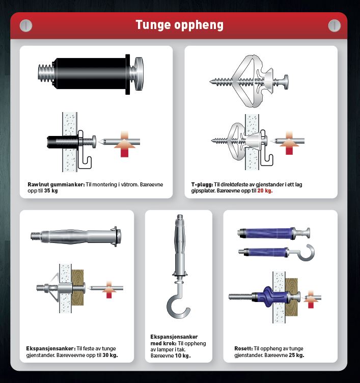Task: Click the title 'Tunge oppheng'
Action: [180, 25]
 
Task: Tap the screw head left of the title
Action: [25, 25]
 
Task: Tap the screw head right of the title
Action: [335, 25]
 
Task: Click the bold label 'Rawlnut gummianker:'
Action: [56, 185]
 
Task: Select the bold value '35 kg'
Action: [51, 191]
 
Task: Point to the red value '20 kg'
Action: [264, 191]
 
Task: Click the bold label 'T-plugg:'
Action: [202, 185]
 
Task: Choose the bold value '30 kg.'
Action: [110, 355]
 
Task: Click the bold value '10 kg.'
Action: [183, 355]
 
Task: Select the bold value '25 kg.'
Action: [296, 355]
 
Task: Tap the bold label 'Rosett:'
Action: [243, 348]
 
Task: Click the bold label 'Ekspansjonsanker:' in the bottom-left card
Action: [51, 348]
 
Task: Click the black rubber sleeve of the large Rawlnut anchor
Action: [90, 73]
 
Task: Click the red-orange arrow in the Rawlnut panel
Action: [125, 144]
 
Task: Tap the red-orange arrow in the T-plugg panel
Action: [289, 143]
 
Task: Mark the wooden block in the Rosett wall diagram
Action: [291, 297]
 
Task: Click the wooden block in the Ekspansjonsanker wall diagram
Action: [77, 287]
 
